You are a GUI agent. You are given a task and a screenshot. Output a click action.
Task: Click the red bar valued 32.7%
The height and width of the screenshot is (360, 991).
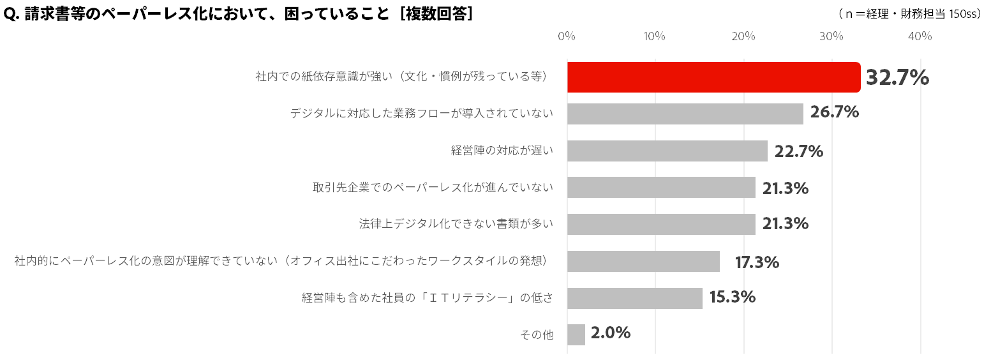(x=713, y=77)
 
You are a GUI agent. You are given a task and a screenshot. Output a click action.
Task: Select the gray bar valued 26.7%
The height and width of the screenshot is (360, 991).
(x=685, y=114)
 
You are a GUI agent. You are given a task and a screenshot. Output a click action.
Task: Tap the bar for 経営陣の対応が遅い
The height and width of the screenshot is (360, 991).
(x=667, y=151)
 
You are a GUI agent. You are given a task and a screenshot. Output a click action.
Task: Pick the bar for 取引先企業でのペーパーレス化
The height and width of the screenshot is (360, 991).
(x=661, y=188)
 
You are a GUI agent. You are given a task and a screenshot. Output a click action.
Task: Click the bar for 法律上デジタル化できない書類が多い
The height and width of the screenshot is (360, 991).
(x=661, y=224)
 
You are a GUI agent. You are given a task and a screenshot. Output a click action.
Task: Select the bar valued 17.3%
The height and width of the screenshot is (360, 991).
(x=643, y=261)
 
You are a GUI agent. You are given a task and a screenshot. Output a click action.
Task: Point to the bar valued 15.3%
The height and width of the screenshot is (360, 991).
(x=634, y=298)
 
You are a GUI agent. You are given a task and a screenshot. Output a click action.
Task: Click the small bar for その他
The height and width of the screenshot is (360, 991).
(x=576, y=334)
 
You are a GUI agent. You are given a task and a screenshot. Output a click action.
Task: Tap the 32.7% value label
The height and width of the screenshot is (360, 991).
(x=897, y=77)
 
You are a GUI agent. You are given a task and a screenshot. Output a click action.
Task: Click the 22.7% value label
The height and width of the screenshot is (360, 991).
(x=798, y=152)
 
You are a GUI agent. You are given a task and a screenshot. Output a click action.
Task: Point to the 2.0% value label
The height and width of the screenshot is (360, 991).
(x=611, y=333)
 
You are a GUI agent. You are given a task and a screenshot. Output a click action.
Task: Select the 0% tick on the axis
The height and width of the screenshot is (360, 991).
(x=567, y=36)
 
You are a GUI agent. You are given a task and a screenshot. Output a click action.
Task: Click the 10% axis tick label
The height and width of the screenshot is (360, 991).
(x=655, y=36)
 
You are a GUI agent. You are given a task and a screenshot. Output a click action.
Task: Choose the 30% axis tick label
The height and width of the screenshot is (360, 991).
(x=831, y=36)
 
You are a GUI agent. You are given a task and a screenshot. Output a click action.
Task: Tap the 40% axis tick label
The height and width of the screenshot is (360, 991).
(x=920, y=36)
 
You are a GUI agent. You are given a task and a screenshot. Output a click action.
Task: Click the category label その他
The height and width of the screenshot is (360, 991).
(x=538, y=334)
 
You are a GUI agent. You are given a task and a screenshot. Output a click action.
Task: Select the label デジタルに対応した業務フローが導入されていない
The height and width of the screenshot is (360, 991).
(x=421, y=114)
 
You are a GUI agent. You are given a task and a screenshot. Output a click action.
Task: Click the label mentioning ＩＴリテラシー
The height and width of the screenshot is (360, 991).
(x=427, y=298)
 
